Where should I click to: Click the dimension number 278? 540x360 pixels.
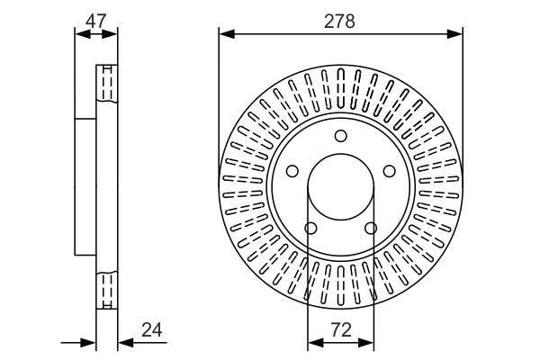coord(339,22)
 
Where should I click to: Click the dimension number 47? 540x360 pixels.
coord(96,22)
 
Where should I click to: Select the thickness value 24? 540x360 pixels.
coord(152,330)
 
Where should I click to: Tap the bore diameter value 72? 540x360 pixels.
coord(341,329)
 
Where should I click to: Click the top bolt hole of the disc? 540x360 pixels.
coord(341,136)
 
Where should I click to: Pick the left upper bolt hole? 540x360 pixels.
coord(292,171)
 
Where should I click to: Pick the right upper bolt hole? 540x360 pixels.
coord(390,171)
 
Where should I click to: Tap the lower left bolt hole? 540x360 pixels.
coord(311,228)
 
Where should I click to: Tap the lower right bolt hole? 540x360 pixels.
coord(371,228)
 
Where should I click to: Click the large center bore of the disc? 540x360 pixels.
coord(341,187)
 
